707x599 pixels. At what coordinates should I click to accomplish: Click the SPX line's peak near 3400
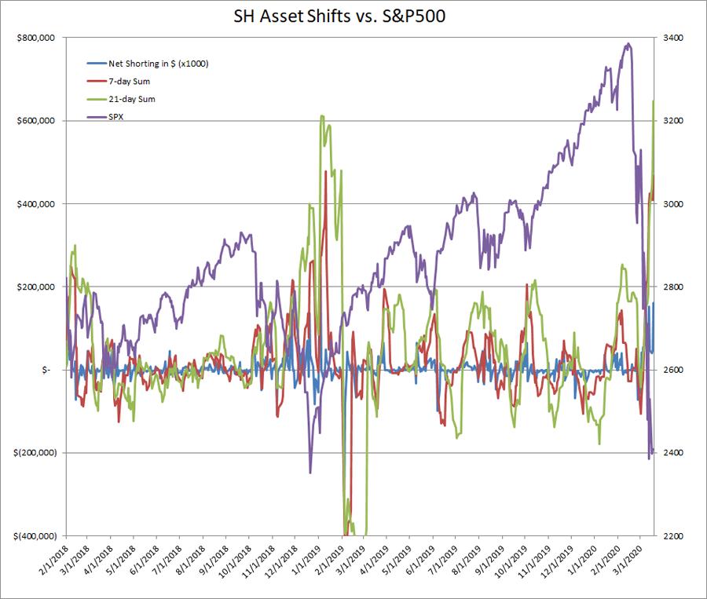tap(627, 44)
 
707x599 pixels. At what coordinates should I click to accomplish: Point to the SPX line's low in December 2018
tap(310, 472)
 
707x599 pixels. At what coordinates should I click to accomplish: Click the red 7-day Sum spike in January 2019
tap(325, 171)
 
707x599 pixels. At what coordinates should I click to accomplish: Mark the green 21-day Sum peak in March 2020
tap(654, 101)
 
